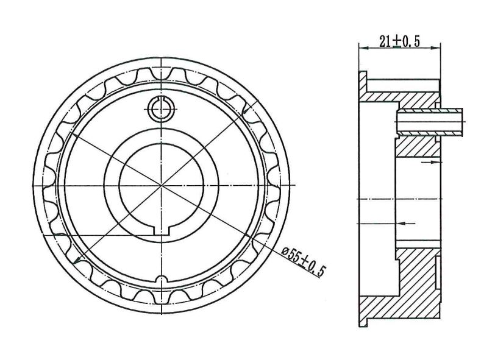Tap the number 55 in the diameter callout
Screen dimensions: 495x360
click(x=294, y=257)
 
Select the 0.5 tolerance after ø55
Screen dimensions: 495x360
click(x=316, y=269)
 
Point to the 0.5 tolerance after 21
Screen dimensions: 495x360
click(x=411, y=41)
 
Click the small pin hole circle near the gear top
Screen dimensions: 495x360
click(x=161, y=109)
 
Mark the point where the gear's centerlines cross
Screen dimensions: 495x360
click(x=162, y=185)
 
